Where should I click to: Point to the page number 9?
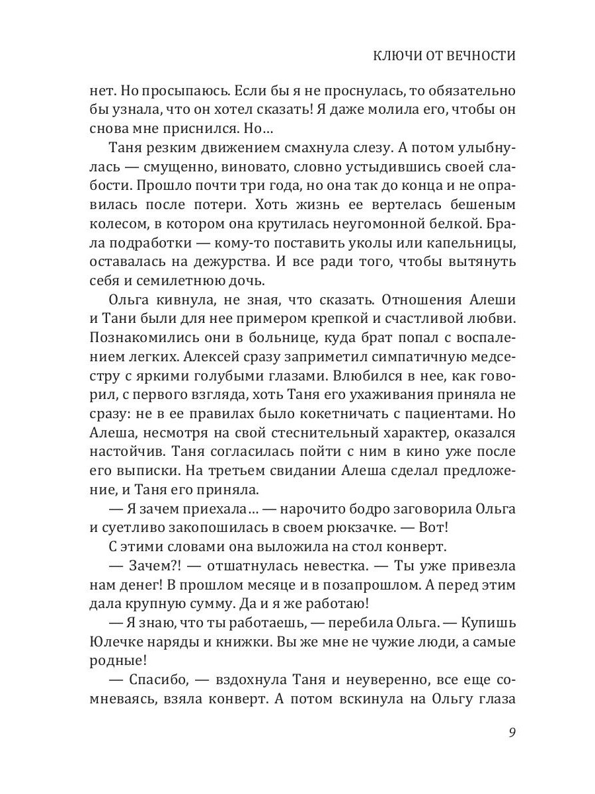point(512,732)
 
